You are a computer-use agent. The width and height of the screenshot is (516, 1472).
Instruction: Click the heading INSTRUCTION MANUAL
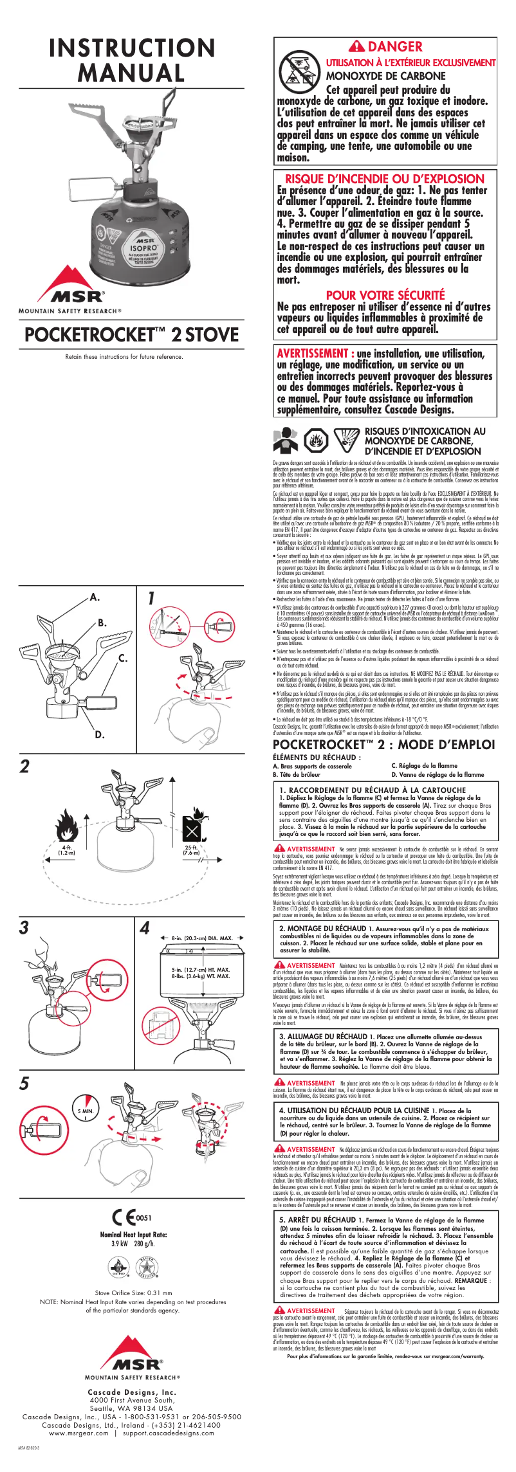tap(132, 60)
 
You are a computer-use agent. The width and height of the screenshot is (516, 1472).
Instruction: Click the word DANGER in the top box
tap(394, 46)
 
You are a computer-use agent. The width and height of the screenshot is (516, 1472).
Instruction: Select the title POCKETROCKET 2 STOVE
tap(131, 334)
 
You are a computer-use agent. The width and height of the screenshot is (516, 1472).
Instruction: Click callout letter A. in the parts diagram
tap(95, 597)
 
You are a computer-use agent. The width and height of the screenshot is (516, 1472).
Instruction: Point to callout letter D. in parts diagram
tap(100, 734)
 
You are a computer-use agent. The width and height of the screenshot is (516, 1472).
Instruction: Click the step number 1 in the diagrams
tap(151, 597)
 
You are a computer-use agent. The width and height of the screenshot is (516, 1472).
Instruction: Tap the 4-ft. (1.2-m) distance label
tap(66, 850)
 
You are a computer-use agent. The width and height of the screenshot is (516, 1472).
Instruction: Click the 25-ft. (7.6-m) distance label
tap(191, 850)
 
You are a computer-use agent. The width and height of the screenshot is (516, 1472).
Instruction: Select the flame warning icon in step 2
tap(67, 826)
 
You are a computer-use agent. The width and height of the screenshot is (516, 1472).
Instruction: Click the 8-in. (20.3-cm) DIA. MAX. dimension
tap(202, 938)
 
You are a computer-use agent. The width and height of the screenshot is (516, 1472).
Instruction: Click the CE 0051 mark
tap(131, 1218)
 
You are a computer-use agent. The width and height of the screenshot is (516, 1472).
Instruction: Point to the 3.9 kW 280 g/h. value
tap(133, 1244)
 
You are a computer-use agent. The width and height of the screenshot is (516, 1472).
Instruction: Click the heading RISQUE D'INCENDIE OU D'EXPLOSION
tap(384, 179)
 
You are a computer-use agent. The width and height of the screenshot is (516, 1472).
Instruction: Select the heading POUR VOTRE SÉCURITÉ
tap(385, 295)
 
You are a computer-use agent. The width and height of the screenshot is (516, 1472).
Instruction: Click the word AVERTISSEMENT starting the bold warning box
tap(313, 353)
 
